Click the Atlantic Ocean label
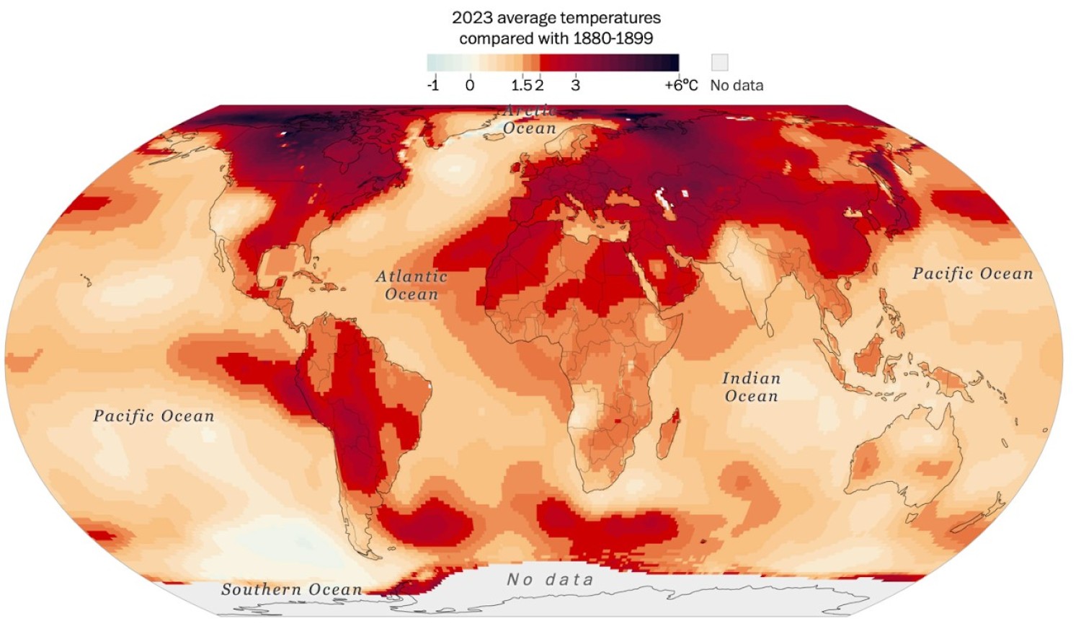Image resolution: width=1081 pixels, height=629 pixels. click(412, 285)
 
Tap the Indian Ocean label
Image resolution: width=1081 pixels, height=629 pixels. click(751, 387)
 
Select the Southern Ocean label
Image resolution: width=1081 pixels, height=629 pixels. click(291, 589)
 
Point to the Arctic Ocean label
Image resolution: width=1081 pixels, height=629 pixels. click(530, 120)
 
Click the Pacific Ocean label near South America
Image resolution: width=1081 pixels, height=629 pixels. click(154, 415)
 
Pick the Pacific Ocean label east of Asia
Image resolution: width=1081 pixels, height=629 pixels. click(972, 273)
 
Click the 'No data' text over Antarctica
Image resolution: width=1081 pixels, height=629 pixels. click(550, 579)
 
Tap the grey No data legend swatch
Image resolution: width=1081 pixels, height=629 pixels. click(719, 62)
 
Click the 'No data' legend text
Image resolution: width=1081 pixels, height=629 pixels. click(737, 85)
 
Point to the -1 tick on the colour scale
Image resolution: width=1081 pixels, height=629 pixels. click(432, 85)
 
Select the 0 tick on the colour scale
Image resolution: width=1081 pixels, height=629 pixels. click(470, 85)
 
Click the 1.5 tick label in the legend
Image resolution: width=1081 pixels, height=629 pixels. click(521, 85)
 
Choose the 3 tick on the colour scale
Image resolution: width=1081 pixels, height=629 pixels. click(575, 85)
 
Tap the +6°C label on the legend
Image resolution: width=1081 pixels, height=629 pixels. click(681, 85)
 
